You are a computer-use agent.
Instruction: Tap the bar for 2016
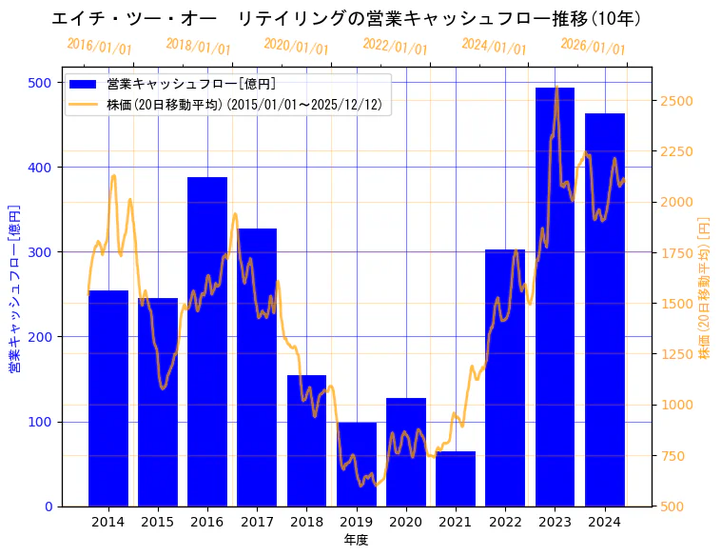[x=207, y=342]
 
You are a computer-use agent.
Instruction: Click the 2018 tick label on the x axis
[x=306, y=522]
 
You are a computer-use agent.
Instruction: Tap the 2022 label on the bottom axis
[x=505, y=522]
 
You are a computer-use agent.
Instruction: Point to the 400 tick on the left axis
[x=41, y=168]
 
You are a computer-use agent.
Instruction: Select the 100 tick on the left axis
[x=41, y=422]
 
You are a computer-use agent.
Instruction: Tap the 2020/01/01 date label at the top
[x=296, y=47]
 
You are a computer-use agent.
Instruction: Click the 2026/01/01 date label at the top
[x=593, y=47]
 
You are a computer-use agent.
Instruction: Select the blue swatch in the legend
[x=84, y=85]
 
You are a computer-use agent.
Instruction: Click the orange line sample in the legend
[x=84, y=104]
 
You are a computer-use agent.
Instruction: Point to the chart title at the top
[x=346, y=19]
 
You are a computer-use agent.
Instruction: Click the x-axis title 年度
[x=356, y=540]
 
